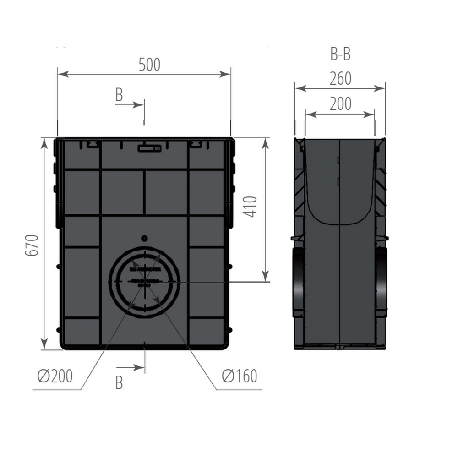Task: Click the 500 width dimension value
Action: [150, 65]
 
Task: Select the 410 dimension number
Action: [252, 207]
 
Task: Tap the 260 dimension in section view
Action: [340, 79]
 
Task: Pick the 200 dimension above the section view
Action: [340, 104]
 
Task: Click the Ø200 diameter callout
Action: [55, 376]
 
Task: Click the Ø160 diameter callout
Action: [240, 376]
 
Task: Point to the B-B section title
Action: [340, 54]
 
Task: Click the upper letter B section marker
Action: [119, 95]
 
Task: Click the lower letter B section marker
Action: [119, 382]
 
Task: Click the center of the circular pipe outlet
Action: [145, 281]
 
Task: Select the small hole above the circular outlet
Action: [145, 238]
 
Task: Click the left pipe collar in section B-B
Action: [298, 279]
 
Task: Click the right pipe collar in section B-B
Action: [382, 279]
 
